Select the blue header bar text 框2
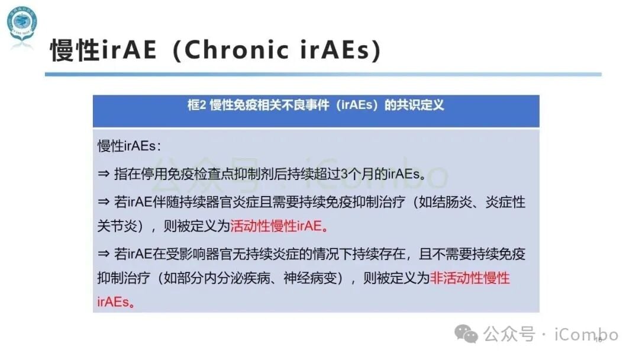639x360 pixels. pos(196,106)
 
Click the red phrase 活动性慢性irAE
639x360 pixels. pos(275,226)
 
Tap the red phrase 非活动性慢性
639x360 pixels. pos(470,278)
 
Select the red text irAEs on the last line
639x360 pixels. pos(113,301)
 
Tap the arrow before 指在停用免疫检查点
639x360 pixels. pos(104,174)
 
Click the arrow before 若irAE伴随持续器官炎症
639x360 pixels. pos(104,202)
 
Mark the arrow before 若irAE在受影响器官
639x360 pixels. pos(104,255)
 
